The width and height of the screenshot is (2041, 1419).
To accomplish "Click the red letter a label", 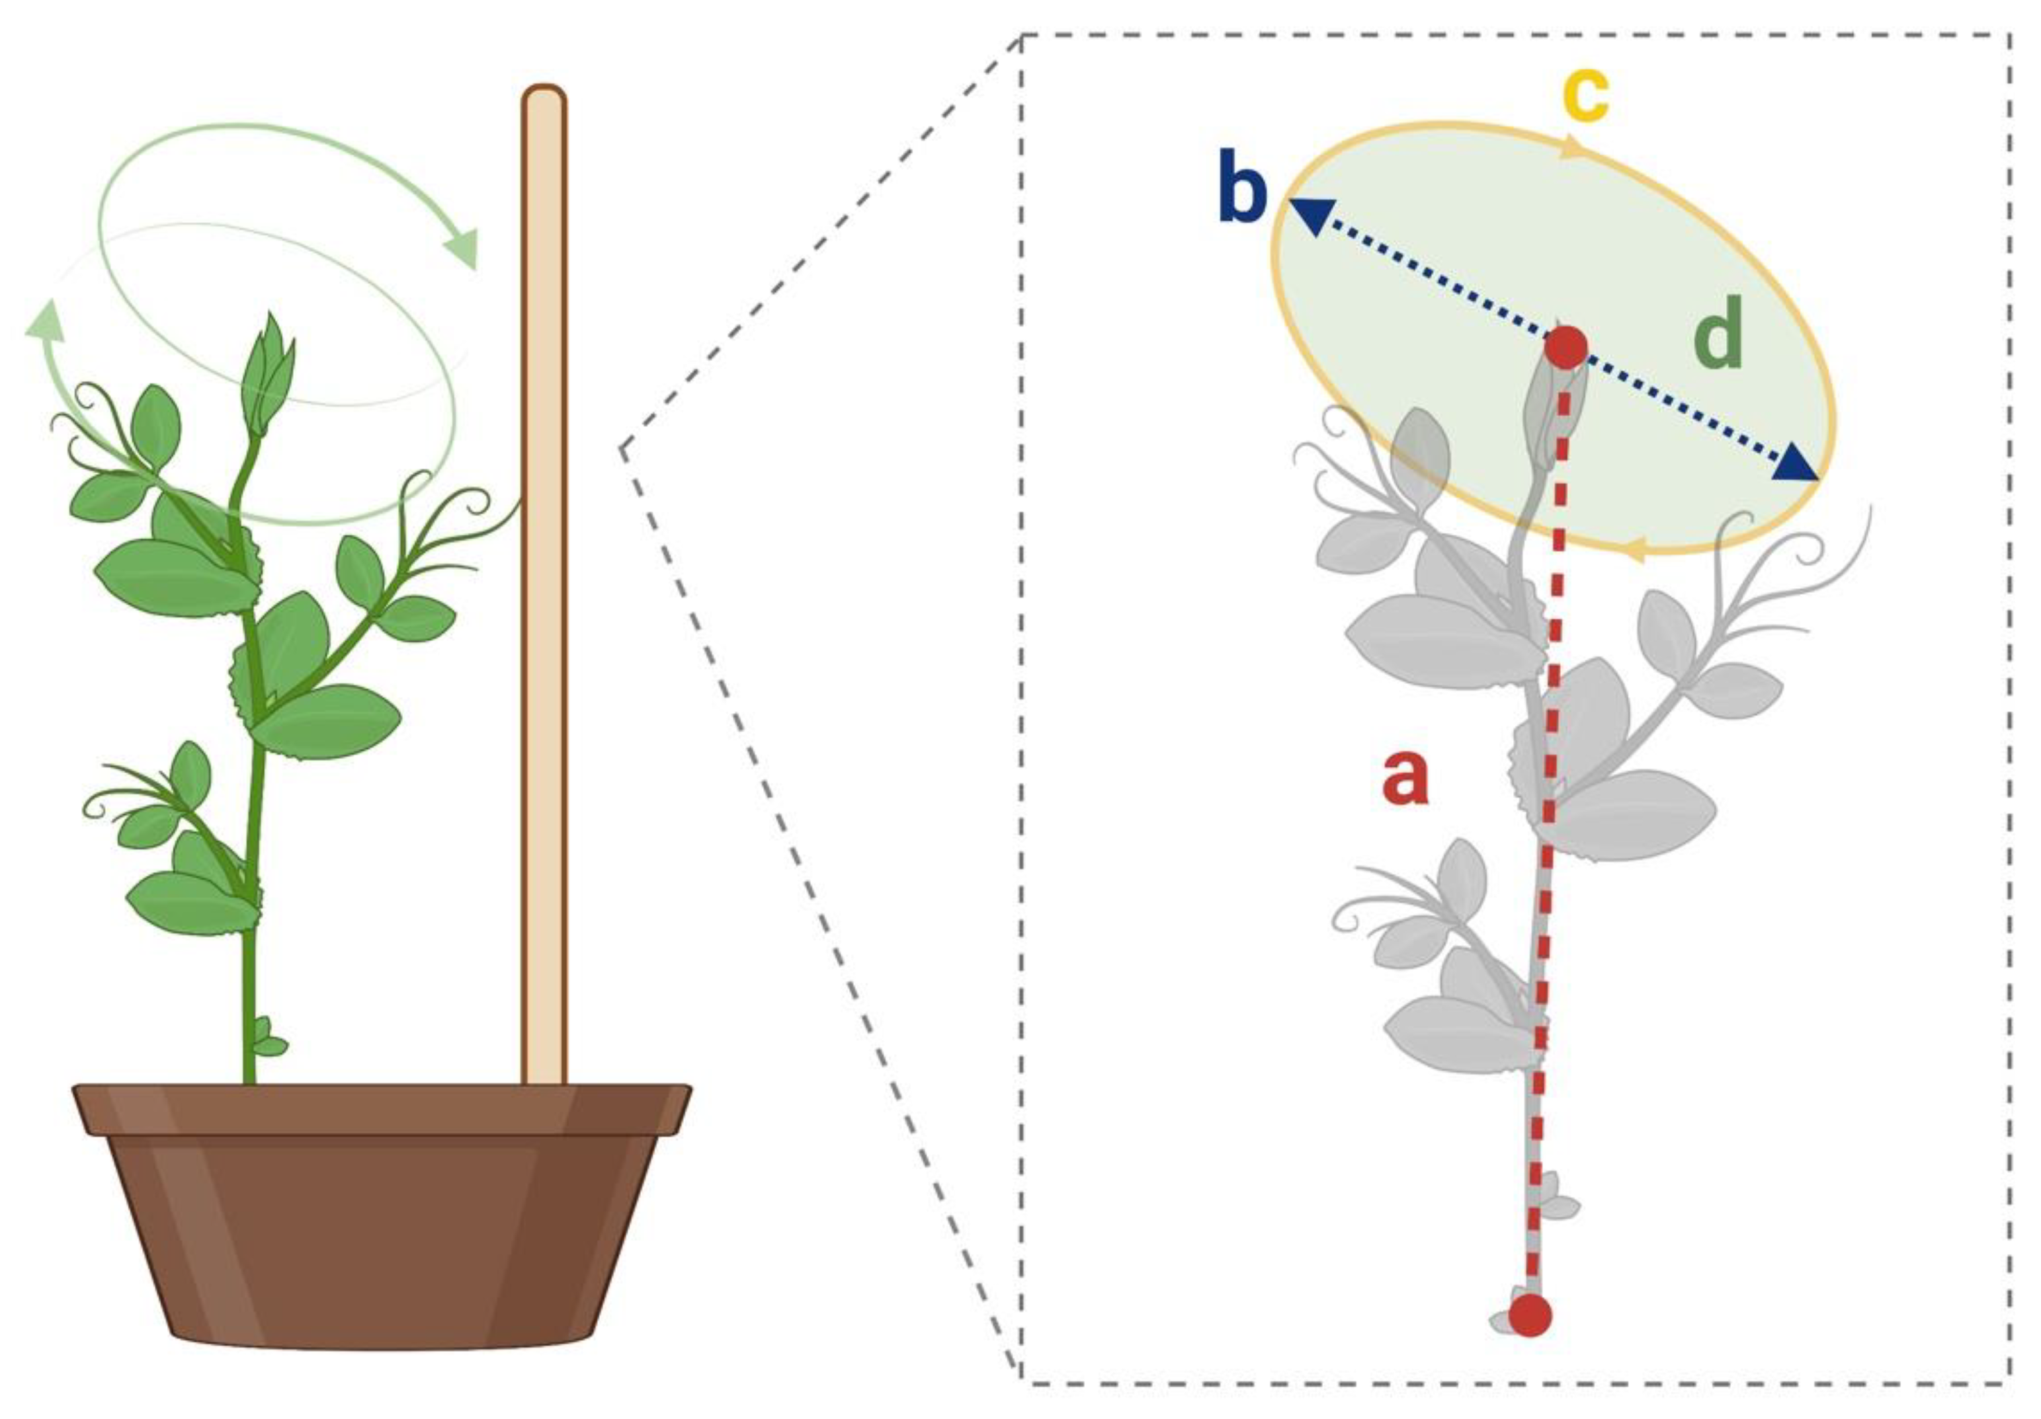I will [x=1405, y=777].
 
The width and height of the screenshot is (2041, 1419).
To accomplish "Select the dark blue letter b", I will [x=1242, y=189].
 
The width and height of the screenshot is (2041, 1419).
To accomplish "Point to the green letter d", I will [x=1718, y=336].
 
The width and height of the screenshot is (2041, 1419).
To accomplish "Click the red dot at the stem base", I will [x=1530, y=1315].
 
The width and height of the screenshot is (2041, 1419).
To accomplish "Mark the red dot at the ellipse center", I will [x=1565, y=346].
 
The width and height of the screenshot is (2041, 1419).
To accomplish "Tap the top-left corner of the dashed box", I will [x=1022, y=36].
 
